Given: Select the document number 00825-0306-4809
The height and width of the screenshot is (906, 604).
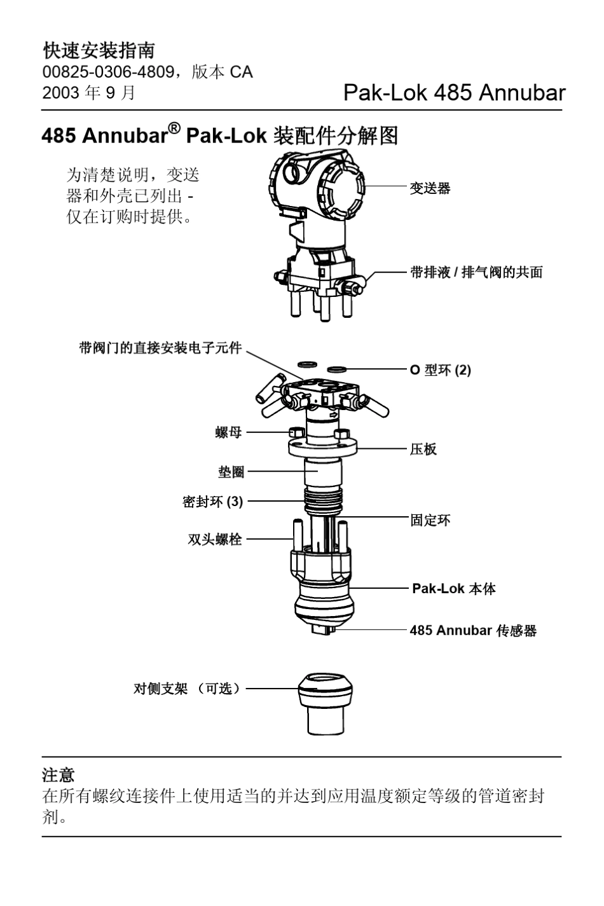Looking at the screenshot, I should pyautogui.click(x=107, y=72).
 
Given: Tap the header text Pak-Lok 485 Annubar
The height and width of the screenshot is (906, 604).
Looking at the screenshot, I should pyautogui.click(x=453, y=93).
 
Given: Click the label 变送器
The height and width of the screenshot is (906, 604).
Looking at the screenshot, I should pyautogui.click(x=430, y=188).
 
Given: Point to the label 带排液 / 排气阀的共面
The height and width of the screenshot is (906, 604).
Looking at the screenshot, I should pyautogui.click(x=476, y=272).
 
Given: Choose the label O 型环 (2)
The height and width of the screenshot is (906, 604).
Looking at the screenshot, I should pyautogui.click(x=440, y=370).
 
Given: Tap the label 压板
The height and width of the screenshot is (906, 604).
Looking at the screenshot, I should pyautogui.click(x=423, y=449).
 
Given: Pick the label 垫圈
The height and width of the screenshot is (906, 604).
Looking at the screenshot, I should pyautogui.click(x=231, y=472).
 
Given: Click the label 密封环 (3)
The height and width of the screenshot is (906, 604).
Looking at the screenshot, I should pyautogui.click(x=212, y=502).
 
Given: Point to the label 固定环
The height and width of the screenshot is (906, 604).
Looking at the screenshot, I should pyautogui.click(x=430, y=519).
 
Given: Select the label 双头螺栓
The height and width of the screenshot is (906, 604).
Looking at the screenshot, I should pyautogui.click(x=215, y=540).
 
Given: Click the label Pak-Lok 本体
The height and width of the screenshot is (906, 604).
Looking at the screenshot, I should pyautogui.click(x=454, y=589).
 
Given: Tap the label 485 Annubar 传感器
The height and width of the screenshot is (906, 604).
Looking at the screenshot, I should pyautogui.click(x=473, y=631).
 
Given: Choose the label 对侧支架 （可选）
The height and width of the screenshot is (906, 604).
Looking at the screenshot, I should pyautogui.click(x=187, y=689).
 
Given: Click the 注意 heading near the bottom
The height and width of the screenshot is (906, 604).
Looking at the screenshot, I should pyautogui.click(x=58, y=775).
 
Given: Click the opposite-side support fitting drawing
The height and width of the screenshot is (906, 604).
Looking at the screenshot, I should pyautogui.click(x=326, y=704).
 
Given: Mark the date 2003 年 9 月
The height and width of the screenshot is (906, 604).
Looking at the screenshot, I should pyautogui.click(x=89, y=93).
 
